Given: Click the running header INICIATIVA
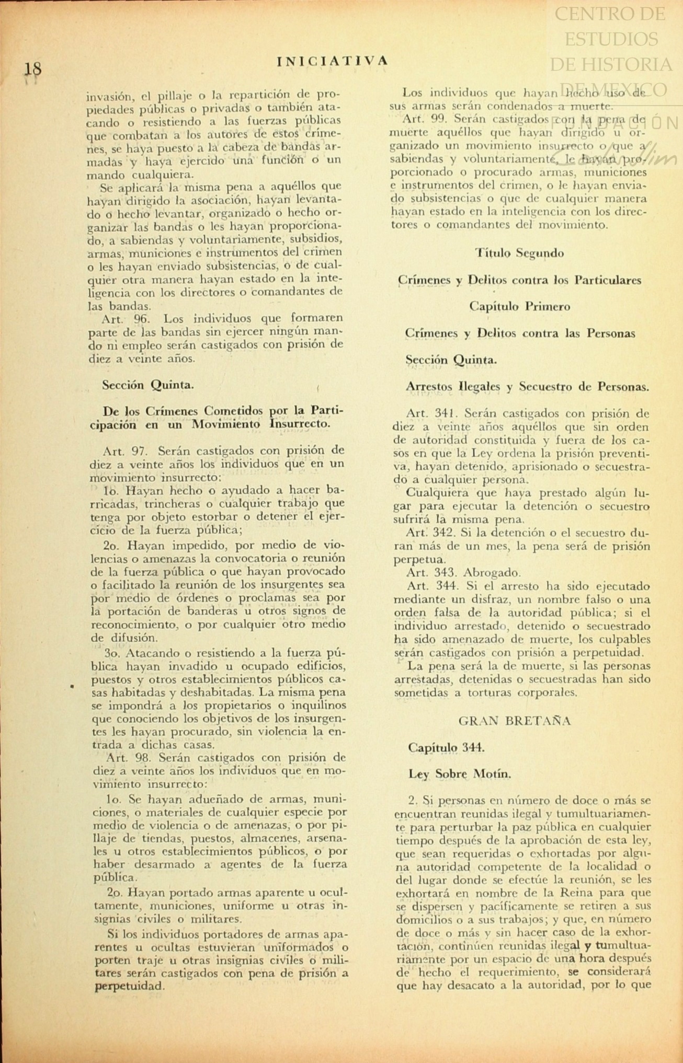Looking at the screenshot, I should [332, 61].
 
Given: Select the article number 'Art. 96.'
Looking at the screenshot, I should [120, 318].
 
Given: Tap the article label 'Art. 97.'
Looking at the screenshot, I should [120, 450].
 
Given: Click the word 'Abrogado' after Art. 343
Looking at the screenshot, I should [485, 572].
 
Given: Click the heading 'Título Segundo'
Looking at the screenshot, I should [519, 253].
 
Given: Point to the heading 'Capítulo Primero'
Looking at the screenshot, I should [519, 306].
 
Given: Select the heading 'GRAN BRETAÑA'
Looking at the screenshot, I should [514, 721].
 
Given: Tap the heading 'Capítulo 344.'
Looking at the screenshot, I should [446, 747].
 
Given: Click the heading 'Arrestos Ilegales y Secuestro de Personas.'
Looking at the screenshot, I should [527, 387].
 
